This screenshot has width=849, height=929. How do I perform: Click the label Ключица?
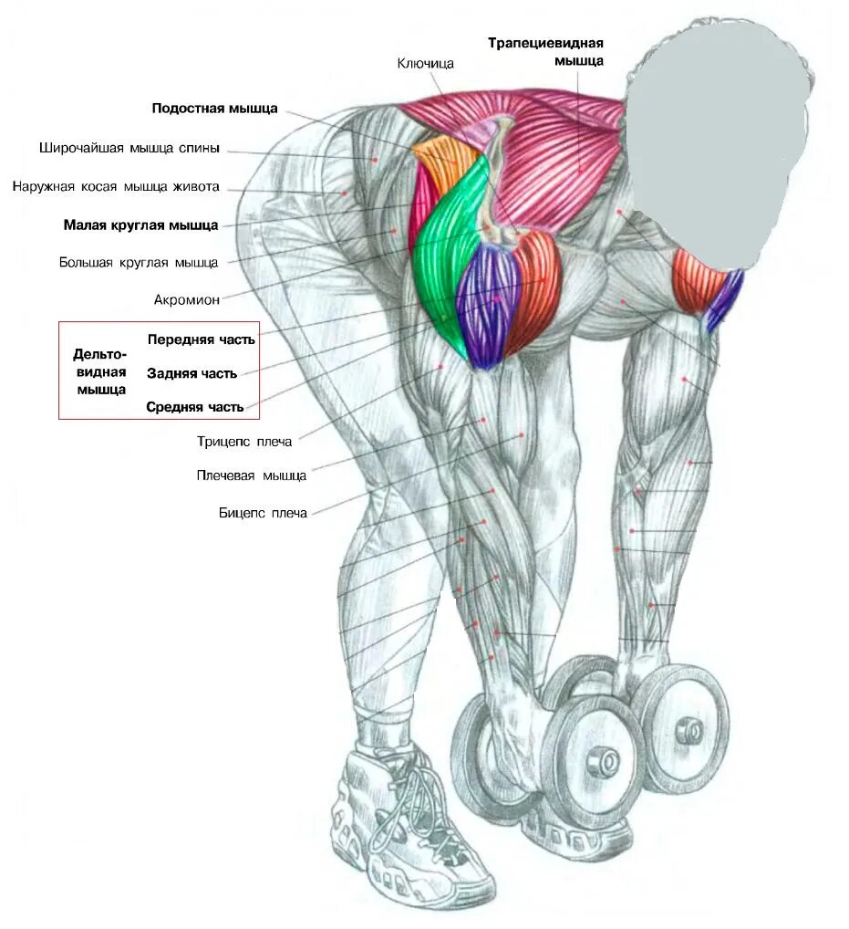click(x=425, y=64)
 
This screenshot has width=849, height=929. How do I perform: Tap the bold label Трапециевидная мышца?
click(x=545, y=51)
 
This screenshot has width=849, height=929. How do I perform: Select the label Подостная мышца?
click(x=214, y=108)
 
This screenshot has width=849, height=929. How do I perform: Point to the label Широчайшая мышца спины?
click(x=129, y=149)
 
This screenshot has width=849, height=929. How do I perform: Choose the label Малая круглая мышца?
click(x=140, y=224)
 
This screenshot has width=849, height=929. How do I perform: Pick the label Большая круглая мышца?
click(x=139, y=263)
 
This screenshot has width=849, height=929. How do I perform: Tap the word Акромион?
click(x=186, y=299)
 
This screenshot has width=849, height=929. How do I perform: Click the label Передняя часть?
click(x=201, y=339)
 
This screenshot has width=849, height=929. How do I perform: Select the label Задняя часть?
click(x=192, y=373)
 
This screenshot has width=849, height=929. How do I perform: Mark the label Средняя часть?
click(x=194, y=407)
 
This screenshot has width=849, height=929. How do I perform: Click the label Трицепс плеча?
click(x=244, y=442)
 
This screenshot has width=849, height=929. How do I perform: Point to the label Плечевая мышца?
click(x=251, y=475)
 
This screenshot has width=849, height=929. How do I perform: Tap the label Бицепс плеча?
click(x=263, y=513)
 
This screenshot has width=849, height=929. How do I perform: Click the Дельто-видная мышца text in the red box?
click(x=100, y=371)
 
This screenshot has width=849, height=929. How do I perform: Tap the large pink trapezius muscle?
click(x=547, y=146)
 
